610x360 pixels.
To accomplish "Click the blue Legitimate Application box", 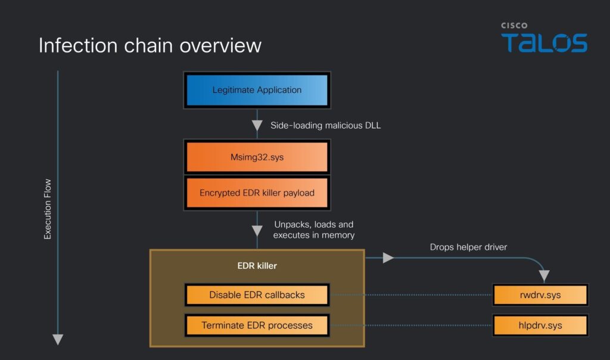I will click(x=257, y=91).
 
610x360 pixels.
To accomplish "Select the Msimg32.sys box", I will click(x=257, y=157).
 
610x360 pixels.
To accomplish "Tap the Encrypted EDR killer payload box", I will click(x=257, y=193).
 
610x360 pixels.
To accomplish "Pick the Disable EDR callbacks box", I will click(x=257, y=294).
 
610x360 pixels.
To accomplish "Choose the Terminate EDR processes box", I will click(x=257, y=325).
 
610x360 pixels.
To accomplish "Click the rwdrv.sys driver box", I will click(x=540, y=294).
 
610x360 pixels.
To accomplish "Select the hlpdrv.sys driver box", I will click(x=540, y=325).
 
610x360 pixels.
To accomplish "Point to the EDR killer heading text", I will click(x=257, y=266).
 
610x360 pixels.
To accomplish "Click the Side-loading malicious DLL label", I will click(x=325, y=125).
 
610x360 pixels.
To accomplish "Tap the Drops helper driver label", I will click(x=468, y=247).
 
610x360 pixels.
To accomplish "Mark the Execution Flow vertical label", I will click(x=48, y=209).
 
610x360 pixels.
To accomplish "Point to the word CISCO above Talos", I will click(x=513, y=26).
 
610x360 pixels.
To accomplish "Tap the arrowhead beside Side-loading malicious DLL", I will click(x=257, y=126).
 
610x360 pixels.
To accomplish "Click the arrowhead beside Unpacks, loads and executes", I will click(x=257, y=231).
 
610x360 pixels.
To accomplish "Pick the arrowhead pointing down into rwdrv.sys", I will click(x=544, y=276).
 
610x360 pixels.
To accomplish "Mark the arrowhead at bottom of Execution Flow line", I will click(x=58, y=339).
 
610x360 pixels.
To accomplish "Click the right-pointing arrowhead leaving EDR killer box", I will click(x=388, y=257).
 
